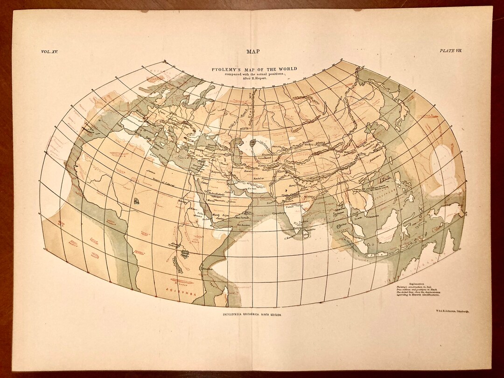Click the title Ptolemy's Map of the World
(x=254, y=69)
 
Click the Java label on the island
(x=376, y=255)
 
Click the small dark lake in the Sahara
(x=136, y=201)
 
